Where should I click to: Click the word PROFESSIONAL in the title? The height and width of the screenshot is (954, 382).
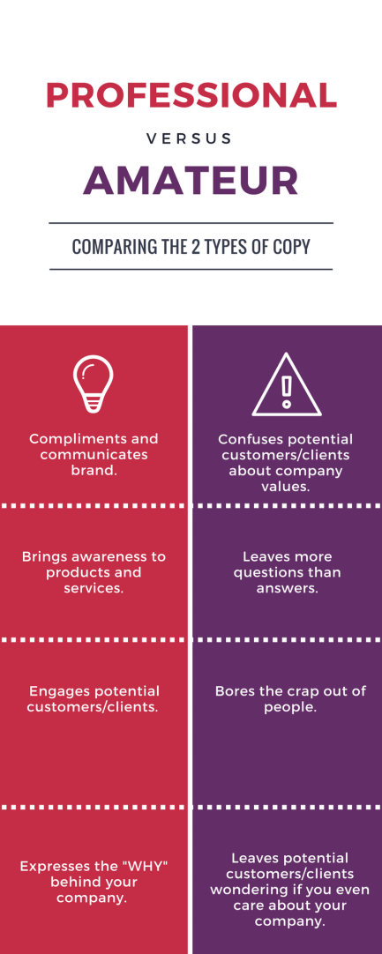point(191,94)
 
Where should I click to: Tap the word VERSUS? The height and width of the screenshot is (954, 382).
point(190,138)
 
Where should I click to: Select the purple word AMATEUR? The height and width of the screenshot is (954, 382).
point(191,179)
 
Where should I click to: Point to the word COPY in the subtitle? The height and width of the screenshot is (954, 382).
point(295,246)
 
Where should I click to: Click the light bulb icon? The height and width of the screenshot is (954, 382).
point(94,384)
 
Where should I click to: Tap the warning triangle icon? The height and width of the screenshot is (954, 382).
point(287,384)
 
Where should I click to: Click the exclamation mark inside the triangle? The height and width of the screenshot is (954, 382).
point(287,391)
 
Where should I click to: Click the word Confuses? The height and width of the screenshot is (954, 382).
point(246,439)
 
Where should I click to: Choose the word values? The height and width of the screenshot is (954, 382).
point(286,487)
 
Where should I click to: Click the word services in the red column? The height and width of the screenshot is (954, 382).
point(94,588)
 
